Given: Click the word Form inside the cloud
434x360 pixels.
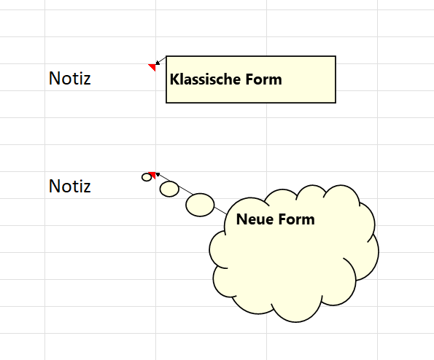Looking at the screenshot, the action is (296, 219).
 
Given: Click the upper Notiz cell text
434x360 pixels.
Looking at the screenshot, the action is (70, 78).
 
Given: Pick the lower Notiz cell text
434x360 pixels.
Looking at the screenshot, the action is (70, 186).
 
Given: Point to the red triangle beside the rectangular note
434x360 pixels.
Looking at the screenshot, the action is (152, 67).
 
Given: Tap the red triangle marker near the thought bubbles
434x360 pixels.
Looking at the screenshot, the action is (152, 174).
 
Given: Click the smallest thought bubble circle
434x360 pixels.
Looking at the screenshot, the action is (147, 177).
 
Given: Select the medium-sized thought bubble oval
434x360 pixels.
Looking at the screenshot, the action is (169, 189).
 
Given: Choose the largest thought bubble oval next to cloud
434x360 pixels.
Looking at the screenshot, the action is (200, 205).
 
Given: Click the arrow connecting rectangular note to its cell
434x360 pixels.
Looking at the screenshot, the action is (160, 60).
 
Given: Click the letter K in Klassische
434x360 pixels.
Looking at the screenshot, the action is (174, 79).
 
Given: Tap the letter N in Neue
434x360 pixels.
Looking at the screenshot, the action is (241, 219).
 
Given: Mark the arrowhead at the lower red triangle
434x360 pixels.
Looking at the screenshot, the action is (158, 174).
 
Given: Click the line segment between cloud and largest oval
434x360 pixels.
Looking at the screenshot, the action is (220, 210).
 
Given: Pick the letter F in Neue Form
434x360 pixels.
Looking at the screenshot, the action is (282, 219).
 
